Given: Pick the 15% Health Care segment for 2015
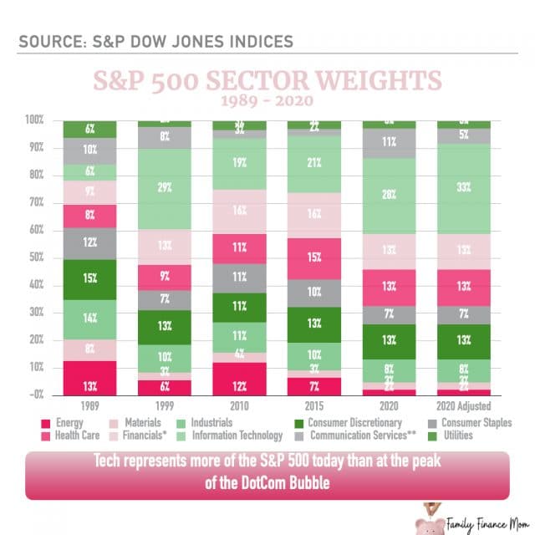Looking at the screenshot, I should tap(313, 258).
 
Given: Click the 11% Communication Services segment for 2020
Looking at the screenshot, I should tap(387, 143).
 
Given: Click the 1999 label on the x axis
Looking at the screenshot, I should tap(164, 406).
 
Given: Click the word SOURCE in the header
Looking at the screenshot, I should tap(48, 40).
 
